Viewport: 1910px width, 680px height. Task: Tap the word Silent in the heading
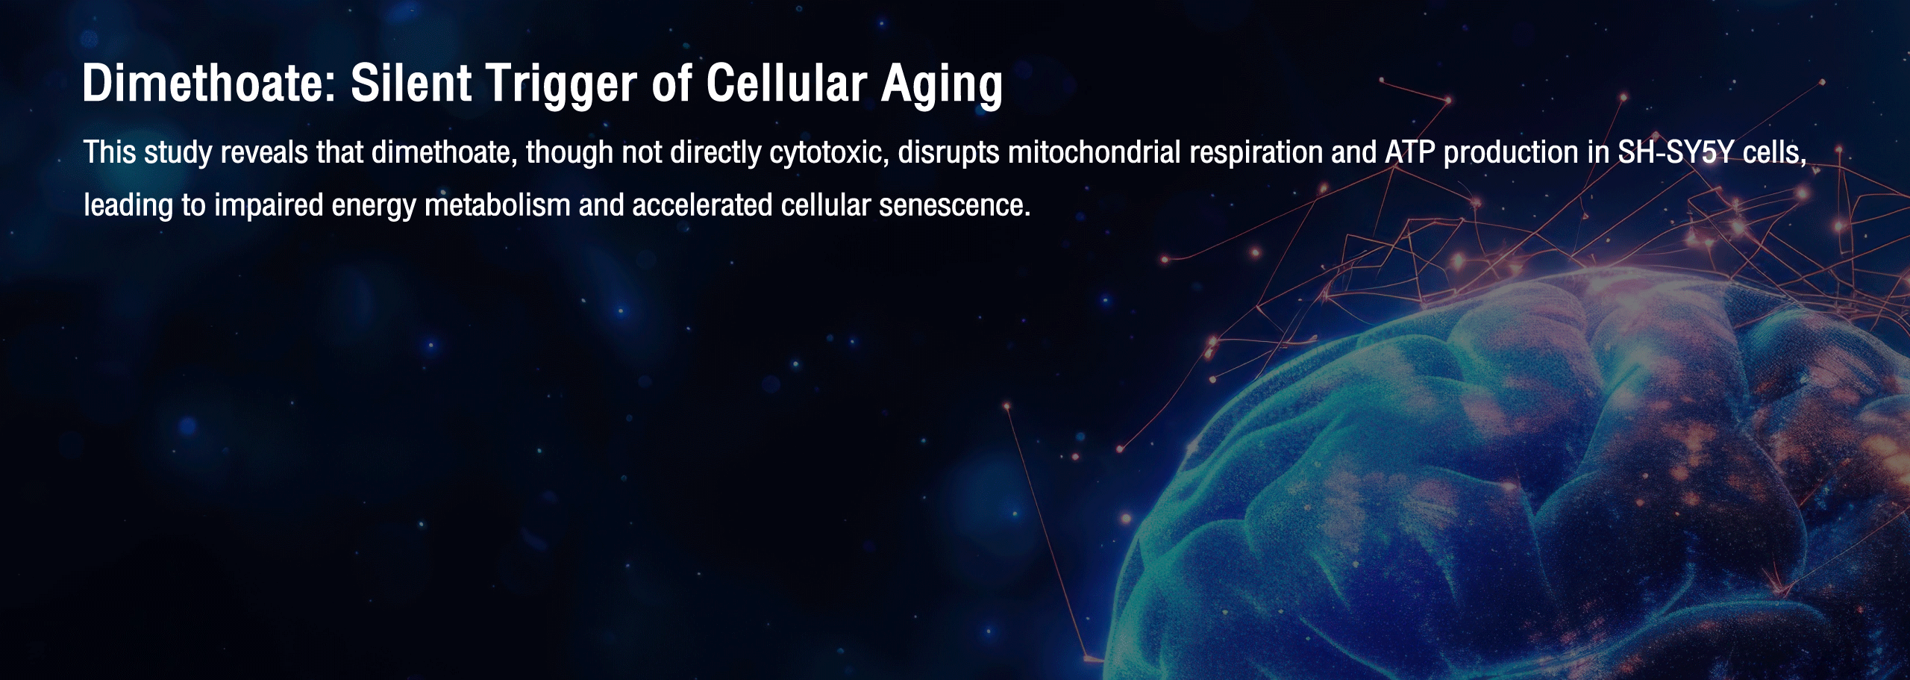tap(411, 83)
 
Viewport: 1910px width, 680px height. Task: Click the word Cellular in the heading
tap(786, 83)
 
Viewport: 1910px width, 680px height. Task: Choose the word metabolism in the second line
tap(498, 205)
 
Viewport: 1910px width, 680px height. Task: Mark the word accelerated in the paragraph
tap(702, 205)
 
